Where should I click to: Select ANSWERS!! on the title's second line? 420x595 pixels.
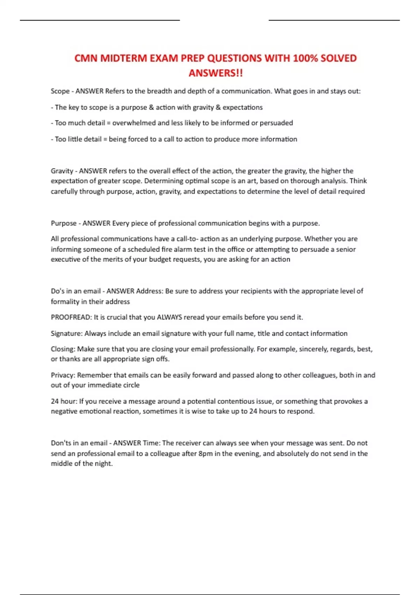[216, 73]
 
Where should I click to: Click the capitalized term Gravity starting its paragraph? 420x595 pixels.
[62, 171]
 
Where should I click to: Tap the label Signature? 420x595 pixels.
[66, 333]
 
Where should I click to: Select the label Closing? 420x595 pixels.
[63, 349]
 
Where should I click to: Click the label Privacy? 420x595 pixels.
[63, 375]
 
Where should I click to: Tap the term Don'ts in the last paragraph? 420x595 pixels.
[61, 443]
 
